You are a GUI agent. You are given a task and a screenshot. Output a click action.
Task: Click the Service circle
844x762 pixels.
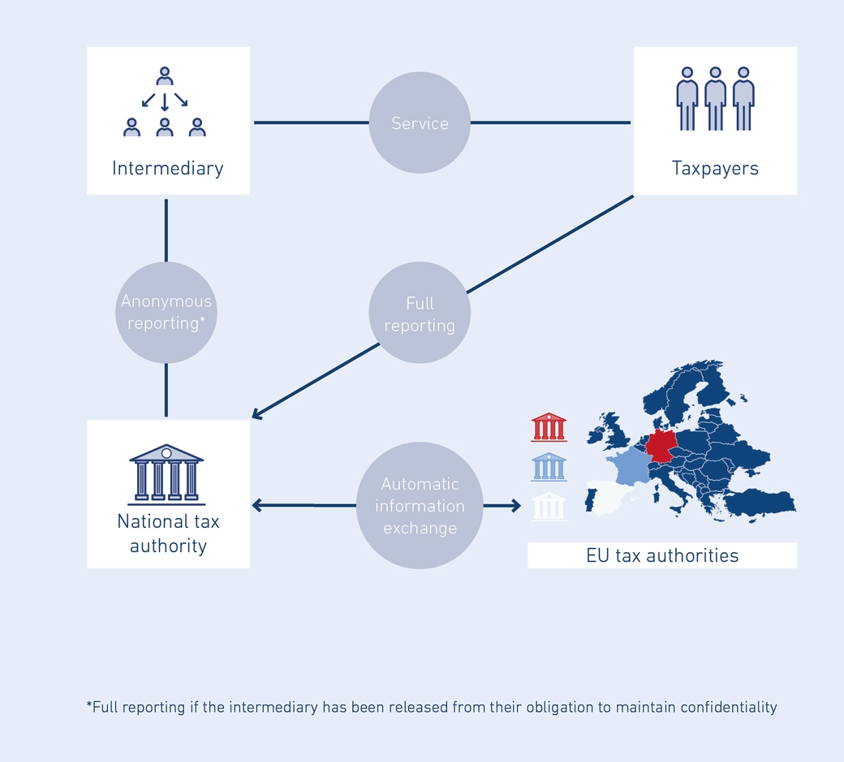tap(420, 123)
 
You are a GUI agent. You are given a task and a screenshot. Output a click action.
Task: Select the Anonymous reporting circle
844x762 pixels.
tap(166, 312)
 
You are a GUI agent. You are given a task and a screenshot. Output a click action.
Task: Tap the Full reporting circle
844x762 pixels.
tap(420, 314)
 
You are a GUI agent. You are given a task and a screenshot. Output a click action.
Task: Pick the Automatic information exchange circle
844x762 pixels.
tap(420, 506)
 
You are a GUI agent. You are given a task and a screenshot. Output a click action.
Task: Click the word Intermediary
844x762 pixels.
tap(167, 169)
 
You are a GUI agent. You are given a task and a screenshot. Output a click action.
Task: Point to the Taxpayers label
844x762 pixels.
tap(715, 169)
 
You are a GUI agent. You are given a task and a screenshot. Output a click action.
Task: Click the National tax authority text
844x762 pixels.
tap(168, 533)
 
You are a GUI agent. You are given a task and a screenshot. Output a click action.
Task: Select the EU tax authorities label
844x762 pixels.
tap(662, 556)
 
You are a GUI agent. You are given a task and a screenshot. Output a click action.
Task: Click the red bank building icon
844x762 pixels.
tap(549, 427)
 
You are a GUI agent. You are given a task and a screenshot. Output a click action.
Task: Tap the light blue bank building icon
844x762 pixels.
tap(549, 467)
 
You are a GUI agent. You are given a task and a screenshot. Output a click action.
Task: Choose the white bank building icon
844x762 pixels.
tap(549, 506)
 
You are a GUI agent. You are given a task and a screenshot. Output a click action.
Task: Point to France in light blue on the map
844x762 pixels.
tap(629, 468)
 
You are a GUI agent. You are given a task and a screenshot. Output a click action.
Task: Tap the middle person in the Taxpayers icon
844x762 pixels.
tap(715, 97)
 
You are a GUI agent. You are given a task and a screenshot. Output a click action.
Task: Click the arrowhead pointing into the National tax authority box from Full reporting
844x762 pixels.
tap(256, 415)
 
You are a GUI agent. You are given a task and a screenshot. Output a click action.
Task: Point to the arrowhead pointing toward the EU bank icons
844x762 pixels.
tap(515, 506)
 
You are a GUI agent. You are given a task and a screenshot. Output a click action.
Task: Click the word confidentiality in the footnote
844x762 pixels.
tap(729, 707)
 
